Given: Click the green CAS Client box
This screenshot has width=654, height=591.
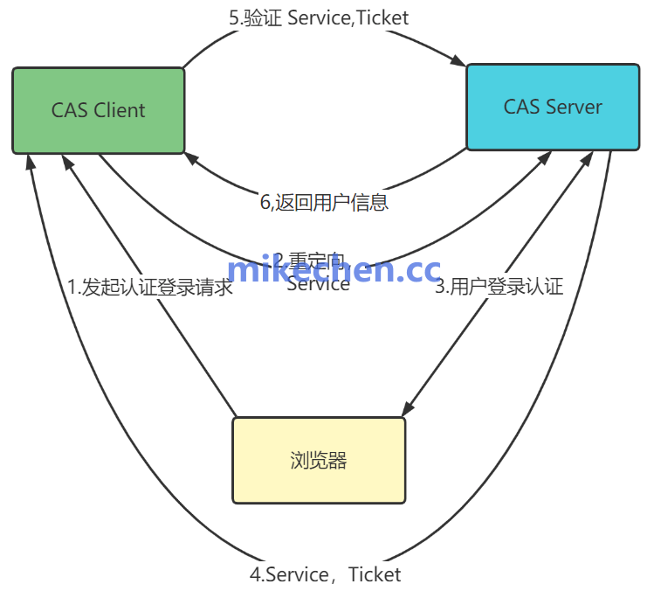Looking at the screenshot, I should [98, 110].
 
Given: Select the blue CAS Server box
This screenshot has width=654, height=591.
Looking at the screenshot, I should [553, 107].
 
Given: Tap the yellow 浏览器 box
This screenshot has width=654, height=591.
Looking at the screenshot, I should [319, 460].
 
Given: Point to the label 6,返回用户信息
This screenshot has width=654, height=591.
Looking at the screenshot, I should [324, 202].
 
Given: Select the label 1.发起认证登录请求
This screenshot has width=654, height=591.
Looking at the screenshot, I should [150, 287].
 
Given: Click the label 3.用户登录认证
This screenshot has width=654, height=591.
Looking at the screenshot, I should [499, 286].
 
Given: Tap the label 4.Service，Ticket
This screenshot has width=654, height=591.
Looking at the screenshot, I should [326, 574].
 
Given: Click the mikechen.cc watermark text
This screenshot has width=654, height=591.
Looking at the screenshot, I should [334, 270].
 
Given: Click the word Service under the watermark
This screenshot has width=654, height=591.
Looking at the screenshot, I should [318, 284].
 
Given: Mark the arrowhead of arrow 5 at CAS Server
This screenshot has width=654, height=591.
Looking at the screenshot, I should [458, 61].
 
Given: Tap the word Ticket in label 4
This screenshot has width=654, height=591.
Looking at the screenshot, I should [375, 574].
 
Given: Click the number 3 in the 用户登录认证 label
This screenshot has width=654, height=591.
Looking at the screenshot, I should [441, 286].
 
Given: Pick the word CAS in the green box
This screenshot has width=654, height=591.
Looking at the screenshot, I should [68, 110].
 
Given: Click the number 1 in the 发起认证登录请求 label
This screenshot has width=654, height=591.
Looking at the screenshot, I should [72, 287].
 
